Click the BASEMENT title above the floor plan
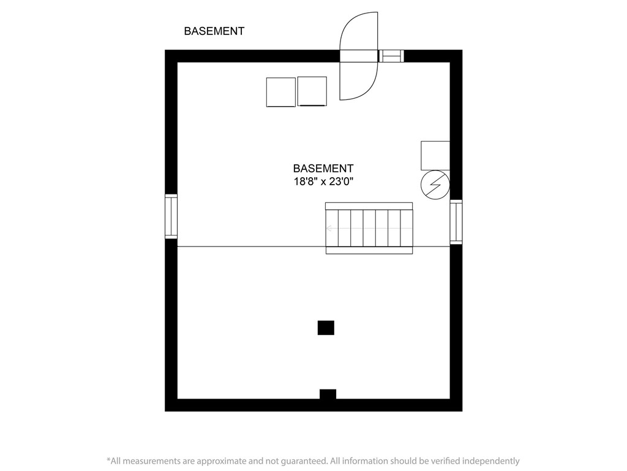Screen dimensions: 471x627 click(x=214, y=31)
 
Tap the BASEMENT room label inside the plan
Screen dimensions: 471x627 click(x=323, y=168)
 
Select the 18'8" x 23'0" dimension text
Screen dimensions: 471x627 click(x=323, y=182)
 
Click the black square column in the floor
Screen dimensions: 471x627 click(x=326, y=328)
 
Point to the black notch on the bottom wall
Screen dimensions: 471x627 click(x=328, y=394)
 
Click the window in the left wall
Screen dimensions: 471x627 click(x=171, y=216)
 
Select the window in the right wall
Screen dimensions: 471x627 click(x=456, y=222)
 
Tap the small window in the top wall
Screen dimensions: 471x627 click(x=392, y=56)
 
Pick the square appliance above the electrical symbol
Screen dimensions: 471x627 click(x=435, y=155)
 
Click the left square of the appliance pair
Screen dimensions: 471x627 click(x=281, y=92)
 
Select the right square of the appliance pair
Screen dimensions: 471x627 click(x=312, y=91)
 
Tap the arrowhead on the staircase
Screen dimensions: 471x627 click(x=329, y=229)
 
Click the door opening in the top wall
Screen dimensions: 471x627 click(x=359, y=56)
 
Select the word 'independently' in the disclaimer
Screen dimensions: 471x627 click(x=491, y=461)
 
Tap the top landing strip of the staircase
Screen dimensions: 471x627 click(x=369, y=205)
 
